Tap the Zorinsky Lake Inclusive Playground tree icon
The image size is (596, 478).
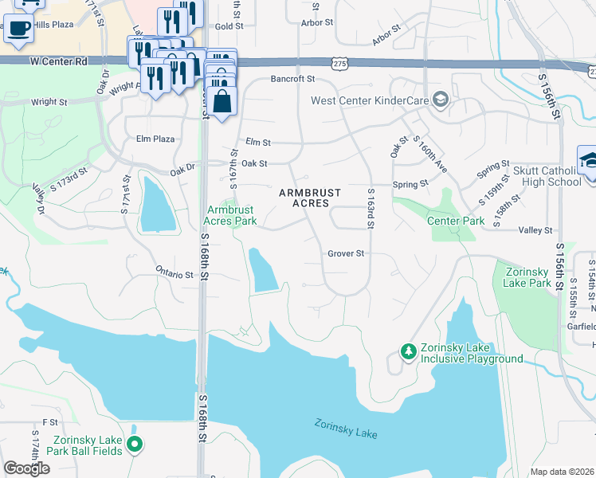(408, 351)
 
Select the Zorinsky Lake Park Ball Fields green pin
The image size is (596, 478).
(135, 445)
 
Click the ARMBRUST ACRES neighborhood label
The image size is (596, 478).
(310, 198)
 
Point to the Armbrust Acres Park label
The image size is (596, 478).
(231, 215)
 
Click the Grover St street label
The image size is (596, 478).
(346, 254)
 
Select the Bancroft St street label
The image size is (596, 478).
(293, 79)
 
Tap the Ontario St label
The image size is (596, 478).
(174, 274)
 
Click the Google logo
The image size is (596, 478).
(26, 468)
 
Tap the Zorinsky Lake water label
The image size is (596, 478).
(345, 429)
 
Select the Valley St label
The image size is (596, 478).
(535, 230)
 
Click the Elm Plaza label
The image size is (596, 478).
(155, 139)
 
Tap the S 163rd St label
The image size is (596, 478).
(371, 210)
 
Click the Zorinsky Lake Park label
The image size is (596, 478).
(528, 277)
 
